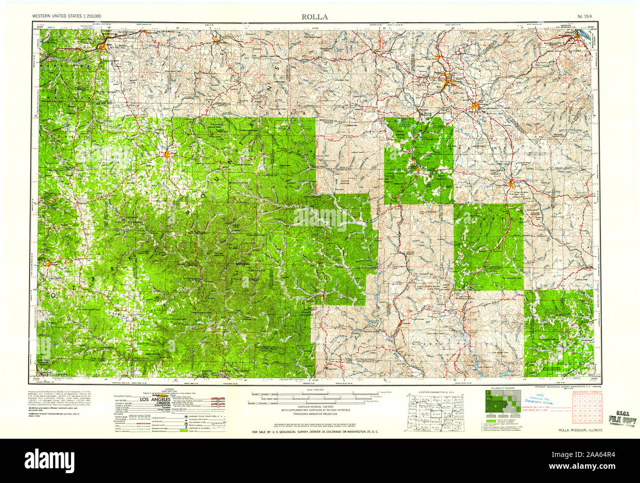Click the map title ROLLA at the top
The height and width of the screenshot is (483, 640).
(315, 17)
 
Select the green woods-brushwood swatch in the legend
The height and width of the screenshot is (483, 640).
(185, 431)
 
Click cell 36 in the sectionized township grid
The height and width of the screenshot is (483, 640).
(599, 421)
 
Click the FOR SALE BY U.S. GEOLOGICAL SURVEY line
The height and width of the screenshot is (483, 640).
(315, 432)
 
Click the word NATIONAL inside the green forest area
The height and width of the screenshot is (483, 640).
(243, 265)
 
